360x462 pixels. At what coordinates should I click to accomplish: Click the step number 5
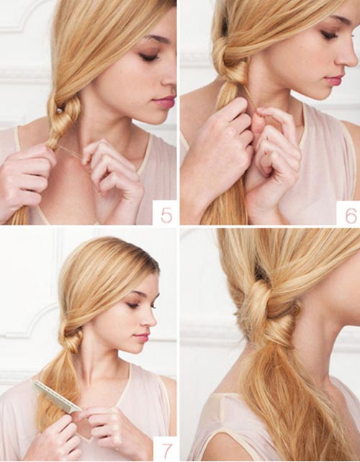pos(166,215)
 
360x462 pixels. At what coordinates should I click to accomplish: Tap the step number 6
pos(351,215)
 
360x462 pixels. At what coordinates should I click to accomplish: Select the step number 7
pos(167,450)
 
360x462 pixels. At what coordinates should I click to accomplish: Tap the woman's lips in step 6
pos(334,79)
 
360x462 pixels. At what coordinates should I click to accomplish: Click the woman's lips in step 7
pos(141,337)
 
